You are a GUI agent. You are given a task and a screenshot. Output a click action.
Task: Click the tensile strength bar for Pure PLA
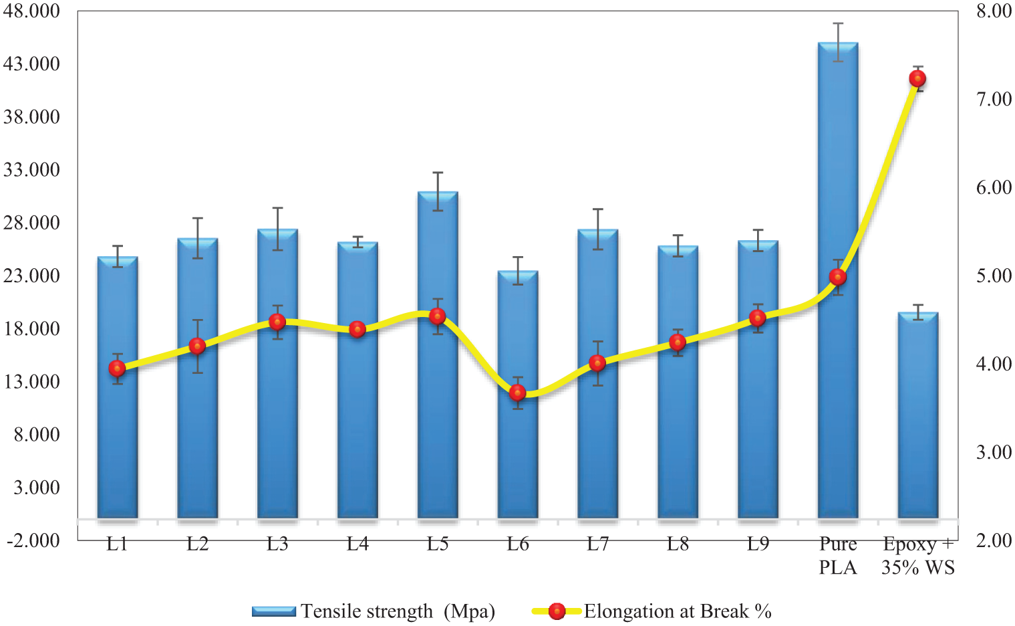(x=837, y=401)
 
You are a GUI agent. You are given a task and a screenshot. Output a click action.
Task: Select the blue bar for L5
(x=438, y=415)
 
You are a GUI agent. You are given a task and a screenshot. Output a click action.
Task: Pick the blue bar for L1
(x=118, y=441)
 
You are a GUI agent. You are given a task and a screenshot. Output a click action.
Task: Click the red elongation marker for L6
(x=518, y=393)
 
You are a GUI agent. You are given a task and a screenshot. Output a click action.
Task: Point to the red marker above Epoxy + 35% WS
(x=917, y=79)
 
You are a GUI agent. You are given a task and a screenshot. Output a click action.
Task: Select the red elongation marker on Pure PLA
(x=837, y=277)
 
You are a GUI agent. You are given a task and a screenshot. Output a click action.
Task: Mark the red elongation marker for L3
(x=277, y=322)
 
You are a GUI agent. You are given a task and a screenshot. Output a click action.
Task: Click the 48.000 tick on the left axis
(x=31, y=11)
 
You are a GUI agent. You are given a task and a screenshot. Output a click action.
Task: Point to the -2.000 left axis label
(x=33, y=540)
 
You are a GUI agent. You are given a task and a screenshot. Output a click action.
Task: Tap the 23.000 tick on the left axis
(x=31, y=276)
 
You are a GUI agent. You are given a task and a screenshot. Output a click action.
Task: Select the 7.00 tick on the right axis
(x=994, y=99)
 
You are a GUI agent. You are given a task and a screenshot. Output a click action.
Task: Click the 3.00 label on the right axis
(x=994, y=452)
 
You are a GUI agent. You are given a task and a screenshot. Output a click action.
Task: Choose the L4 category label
(x=357, y=544)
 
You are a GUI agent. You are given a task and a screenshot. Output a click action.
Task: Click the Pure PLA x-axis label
(x=838, y=556)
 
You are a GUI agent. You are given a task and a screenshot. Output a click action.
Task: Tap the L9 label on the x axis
(x=758, y=544)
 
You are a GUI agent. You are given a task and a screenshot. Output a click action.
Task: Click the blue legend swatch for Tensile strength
(x=273, y=611)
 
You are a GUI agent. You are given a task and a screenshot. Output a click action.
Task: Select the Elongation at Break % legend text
(x=678, y=611)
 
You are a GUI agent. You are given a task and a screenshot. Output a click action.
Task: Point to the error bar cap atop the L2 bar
(x=198, y=218)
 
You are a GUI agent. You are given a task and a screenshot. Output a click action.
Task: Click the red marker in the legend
(x=556, y=611)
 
